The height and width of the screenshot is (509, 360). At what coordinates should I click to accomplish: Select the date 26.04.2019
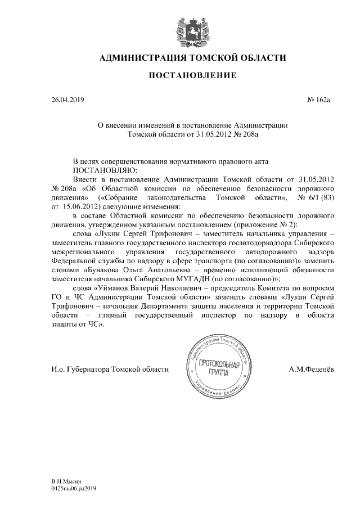click(x=67, y=101)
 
